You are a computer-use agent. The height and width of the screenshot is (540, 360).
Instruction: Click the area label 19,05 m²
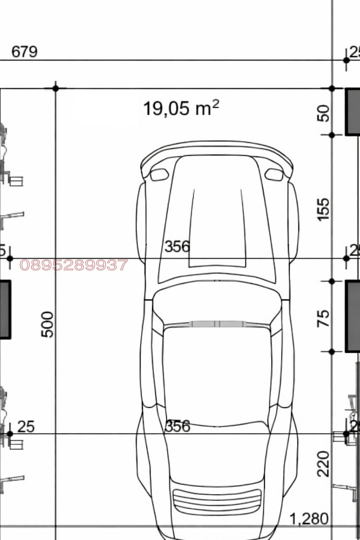point(181,108)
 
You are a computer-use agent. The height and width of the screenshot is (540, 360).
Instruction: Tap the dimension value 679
point(24,52)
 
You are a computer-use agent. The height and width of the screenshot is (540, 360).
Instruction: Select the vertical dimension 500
point(47,324)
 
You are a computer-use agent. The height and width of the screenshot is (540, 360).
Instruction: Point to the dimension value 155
point(323,209)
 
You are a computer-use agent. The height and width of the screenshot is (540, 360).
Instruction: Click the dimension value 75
point(323,318)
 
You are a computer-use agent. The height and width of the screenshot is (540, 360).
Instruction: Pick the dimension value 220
point(323,464)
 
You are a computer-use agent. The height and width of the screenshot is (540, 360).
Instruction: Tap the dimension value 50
point(323,113)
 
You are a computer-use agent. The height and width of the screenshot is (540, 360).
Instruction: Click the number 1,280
point(309,519)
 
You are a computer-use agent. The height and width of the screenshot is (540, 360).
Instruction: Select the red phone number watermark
point(74,265)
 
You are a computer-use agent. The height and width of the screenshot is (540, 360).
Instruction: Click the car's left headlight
point(159,174)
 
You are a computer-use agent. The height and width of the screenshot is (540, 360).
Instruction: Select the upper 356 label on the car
point(177,246)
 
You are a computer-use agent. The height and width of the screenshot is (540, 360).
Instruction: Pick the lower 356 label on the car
point(178,426)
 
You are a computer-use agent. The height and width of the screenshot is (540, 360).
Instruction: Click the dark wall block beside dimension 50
point(353,111)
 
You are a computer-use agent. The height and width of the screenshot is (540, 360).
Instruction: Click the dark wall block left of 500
point(5,309)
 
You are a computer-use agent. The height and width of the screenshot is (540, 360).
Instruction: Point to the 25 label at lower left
point(26,426)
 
